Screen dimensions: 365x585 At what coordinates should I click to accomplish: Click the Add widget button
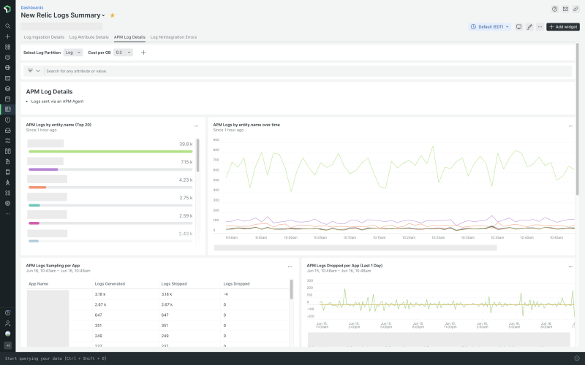pos(563,27)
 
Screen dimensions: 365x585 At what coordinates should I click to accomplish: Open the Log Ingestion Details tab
pos(44,36)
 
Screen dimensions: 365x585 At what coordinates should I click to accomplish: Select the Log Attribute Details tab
pos(87,36)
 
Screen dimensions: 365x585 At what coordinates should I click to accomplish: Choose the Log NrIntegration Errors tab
pos(173,36)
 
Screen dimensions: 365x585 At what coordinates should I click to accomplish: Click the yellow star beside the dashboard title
pos(113,15)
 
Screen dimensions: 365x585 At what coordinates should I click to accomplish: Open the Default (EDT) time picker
pos(490,27)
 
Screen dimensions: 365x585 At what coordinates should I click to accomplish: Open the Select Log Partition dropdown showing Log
pos(73,53)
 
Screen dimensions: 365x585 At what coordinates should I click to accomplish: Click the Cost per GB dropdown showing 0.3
pos(124,53)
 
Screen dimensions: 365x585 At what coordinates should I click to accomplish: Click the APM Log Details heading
pos(49,91)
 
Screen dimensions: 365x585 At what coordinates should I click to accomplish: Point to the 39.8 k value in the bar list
pos(186,145)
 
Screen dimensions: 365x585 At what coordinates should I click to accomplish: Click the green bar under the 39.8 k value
pos(110,151)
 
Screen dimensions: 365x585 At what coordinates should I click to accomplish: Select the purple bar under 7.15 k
pos(43,169)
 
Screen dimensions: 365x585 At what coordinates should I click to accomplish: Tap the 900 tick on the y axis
pos(216,139)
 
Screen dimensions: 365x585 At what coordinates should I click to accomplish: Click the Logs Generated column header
pos(110,283)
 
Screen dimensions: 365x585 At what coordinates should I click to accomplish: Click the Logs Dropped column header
pos(236,283)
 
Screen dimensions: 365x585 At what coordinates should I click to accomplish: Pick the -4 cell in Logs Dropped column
pos(226,294)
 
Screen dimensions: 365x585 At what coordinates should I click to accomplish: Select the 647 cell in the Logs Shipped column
pos(165,315)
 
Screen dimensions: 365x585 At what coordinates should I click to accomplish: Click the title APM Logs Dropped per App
pos(344,266)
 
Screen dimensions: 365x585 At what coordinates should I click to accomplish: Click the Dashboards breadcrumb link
pos(31,7)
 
